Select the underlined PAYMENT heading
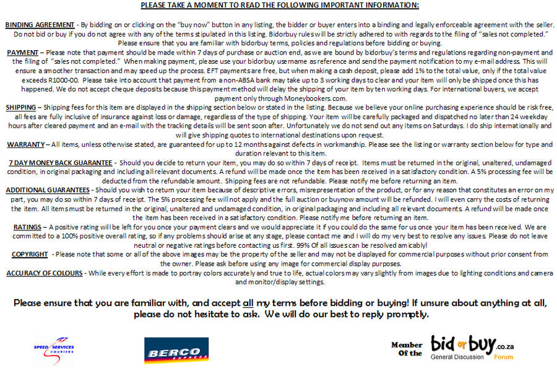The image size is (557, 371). [x=23, y=53]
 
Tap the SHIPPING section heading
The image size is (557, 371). [x=22, y=107]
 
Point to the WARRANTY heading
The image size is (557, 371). [x=25, y=144]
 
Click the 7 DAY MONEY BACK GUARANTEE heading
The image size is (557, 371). [x=60, y=162]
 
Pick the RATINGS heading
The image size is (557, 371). [x=27, y=227]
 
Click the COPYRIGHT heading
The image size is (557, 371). [x=30, y=254]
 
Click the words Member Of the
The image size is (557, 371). [x=407, y=349]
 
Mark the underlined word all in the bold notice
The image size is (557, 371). [x=248, y=303]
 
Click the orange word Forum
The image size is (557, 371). [x=503, y=357]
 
